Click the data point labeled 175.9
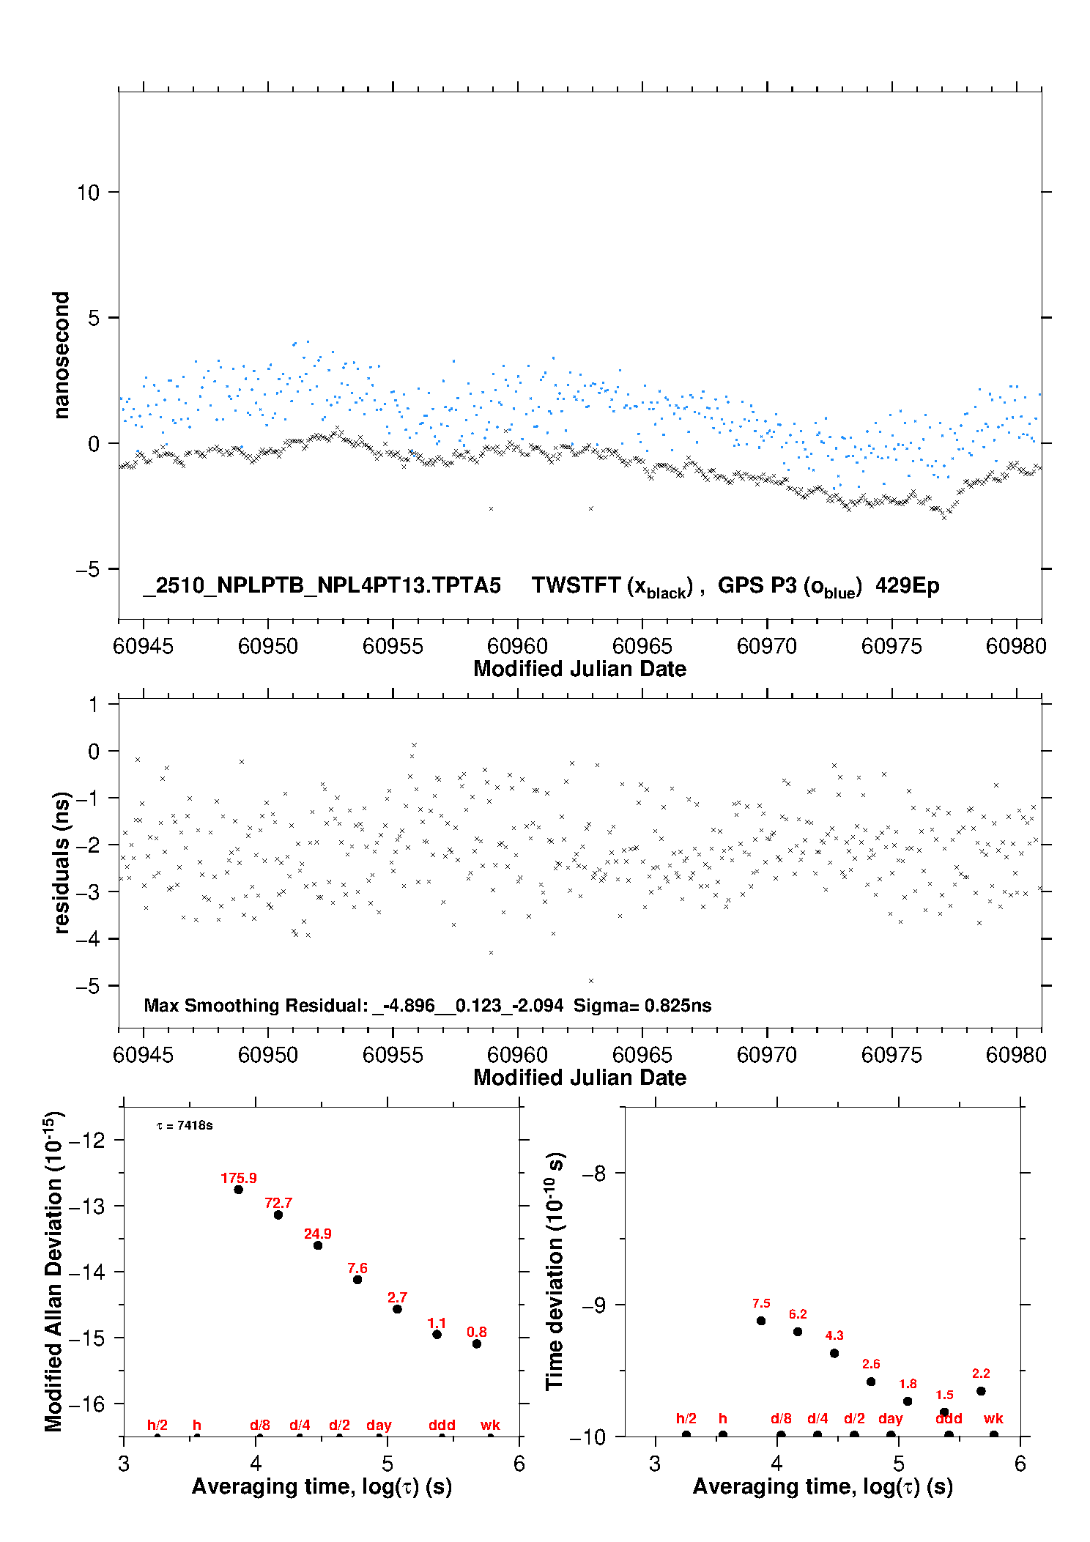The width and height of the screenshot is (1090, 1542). [x=238, y=1190]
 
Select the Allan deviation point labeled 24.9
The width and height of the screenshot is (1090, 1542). [x=318, y=1245]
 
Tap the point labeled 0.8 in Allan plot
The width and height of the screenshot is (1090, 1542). [x=477, y=1343]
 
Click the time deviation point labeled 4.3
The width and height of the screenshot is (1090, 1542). [x=834, y=1353]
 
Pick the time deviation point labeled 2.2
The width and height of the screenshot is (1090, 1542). [x=981, y=1391]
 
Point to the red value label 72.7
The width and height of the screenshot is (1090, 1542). [x=278, y=1203]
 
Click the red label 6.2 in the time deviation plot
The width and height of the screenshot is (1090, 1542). [x=798, y=1314]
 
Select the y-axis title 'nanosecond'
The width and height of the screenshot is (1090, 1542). [x=62, y=355]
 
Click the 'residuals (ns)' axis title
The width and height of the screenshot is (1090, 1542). [x=62, y=863]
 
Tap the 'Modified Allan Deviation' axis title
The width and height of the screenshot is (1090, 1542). [x=53, y=1272]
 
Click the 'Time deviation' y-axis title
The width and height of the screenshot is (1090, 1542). [x=555, y=1272]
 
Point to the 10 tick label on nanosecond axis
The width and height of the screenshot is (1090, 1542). [x=88, y=193]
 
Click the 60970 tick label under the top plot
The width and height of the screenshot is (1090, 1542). [x=766, y=646]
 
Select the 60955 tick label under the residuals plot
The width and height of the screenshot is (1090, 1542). [x=393, y=1055]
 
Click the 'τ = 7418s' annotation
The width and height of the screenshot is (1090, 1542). [x=185, y=1125]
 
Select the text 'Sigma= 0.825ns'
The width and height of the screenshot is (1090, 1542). [x=642, y=1005]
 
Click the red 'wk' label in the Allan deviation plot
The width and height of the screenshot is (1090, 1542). [x=490, y=1425]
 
